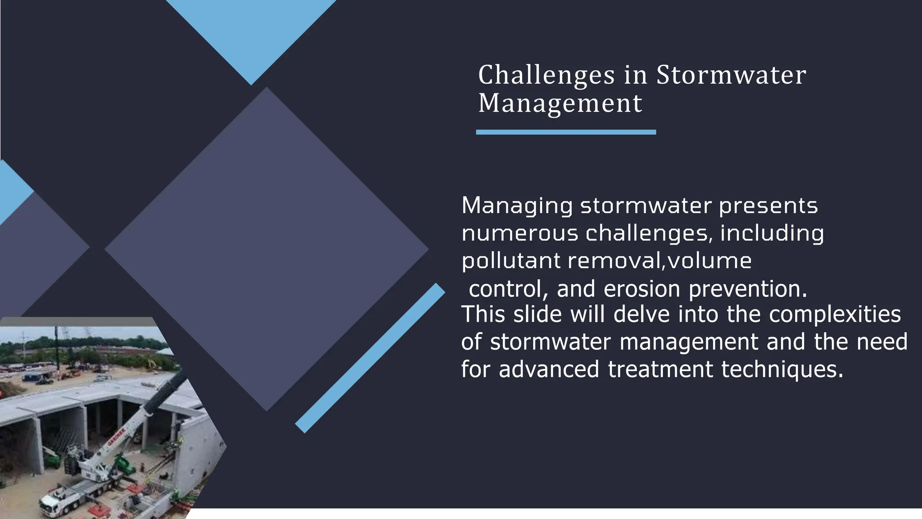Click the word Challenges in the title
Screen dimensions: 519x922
click(x=546, y=75)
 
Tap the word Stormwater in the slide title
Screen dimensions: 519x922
click(x=731, y=75)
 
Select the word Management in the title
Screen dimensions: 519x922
click(x=560, y=103)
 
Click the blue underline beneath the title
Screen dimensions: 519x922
click(x=566, y=132)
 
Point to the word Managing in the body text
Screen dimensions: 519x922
click(x=517, y=206)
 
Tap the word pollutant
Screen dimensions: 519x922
click(x=511, y=261)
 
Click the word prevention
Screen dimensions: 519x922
click(x=748, y=289)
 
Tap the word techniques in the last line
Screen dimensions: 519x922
click(x=782, y=369)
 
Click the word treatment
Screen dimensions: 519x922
click(x=660, y=369)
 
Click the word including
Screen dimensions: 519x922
click(x=772, y=233)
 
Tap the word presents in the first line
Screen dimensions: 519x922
click(x=768, y=206)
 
